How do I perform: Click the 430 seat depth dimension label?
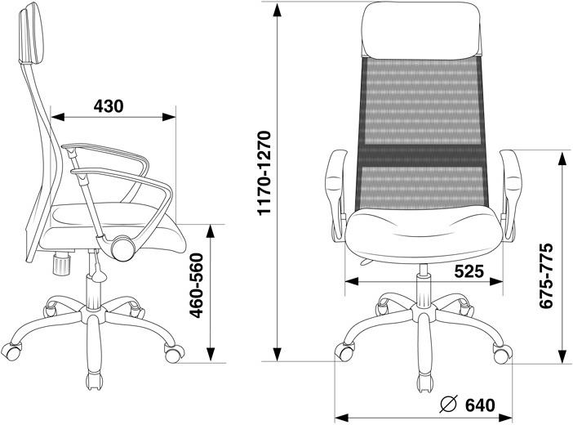click(109, 106)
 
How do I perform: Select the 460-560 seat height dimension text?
click(197, 285)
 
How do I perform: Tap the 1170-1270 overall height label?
click(264, 172)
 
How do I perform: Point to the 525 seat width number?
click(469, 271)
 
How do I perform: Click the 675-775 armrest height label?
click(546, 275)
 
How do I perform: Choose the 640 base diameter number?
click(480, 405)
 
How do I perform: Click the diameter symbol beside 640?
click(449, 405)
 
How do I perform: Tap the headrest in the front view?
click(422, 30)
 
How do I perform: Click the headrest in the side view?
click(32, 34)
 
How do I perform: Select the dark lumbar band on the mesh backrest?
click(422, 156)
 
